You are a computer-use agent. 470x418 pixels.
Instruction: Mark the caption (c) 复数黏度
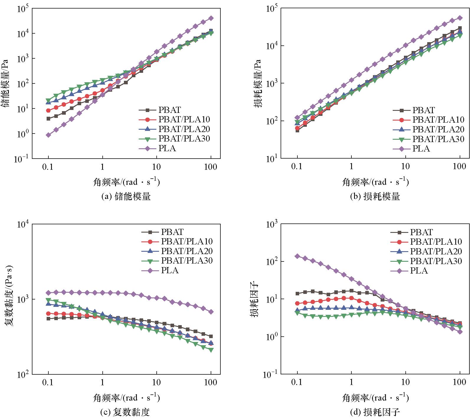pos(126,412)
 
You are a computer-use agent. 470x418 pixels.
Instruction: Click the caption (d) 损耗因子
pos(375,412)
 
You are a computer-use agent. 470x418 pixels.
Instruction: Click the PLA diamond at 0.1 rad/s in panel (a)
pos(48,135)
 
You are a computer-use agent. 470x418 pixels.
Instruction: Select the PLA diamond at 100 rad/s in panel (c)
pos(211,312)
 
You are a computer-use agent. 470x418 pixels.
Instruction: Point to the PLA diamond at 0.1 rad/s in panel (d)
pos(297,256)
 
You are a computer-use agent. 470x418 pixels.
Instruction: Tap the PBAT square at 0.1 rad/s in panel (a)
pos(48,119)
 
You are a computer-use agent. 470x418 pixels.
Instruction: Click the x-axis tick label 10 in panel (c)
pos(156,383)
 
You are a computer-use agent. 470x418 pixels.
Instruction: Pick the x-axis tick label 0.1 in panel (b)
pos(297,167)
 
